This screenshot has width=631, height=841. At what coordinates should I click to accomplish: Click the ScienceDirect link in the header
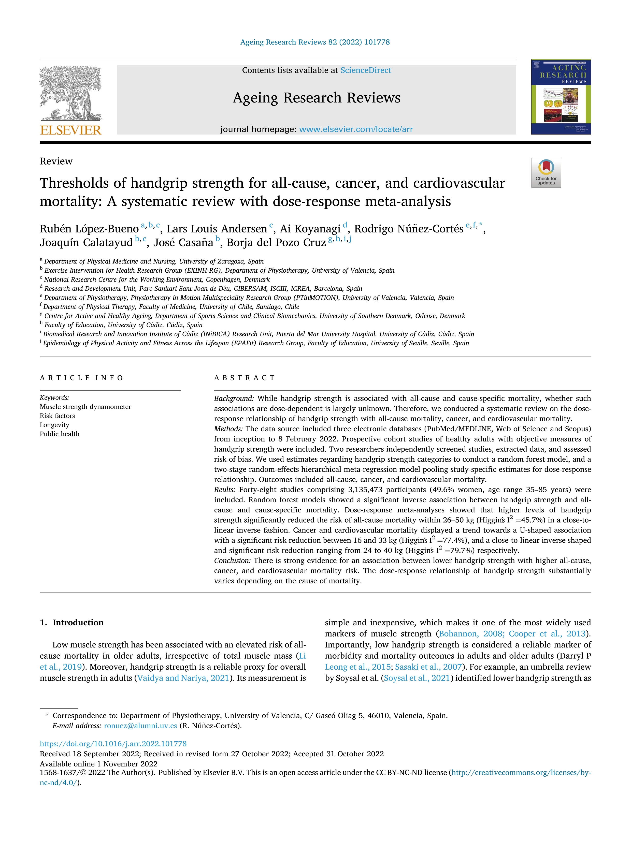pyautogui.click(x=366, y=70)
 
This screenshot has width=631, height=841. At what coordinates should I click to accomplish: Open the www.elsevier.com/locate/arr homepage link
pyautogui.click(x=356, y=129)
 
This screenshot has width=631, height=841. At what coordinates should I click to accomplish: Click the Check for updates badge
pyautogui.click(x=546, y=173)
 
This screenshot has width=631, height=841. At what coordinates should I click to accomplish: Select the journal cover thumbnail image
pyautogui.click(x=561, y=97)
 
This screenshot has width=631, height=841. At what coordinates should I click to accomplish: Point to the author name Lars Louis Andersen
pyautogui.click(x=217, y=229)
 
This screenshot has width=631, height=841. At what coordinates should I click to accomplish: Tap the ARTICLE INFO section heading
pyautogui.click(x=81, y=378)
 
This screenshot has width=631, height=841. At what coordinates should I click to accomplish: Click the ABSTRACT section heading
pyautogui.click(x=245, y=378)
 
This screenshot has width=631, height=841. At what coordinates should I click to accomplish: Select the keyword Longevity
pyautogui.click(x=54, y=425)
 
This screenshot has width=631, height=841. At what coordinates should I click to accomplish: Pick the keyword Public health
pyautogui.click(x=60, y=434)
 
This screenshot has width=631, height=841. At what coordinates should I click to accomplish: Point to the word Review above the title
pyautogui.click(x=56, y=161)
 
